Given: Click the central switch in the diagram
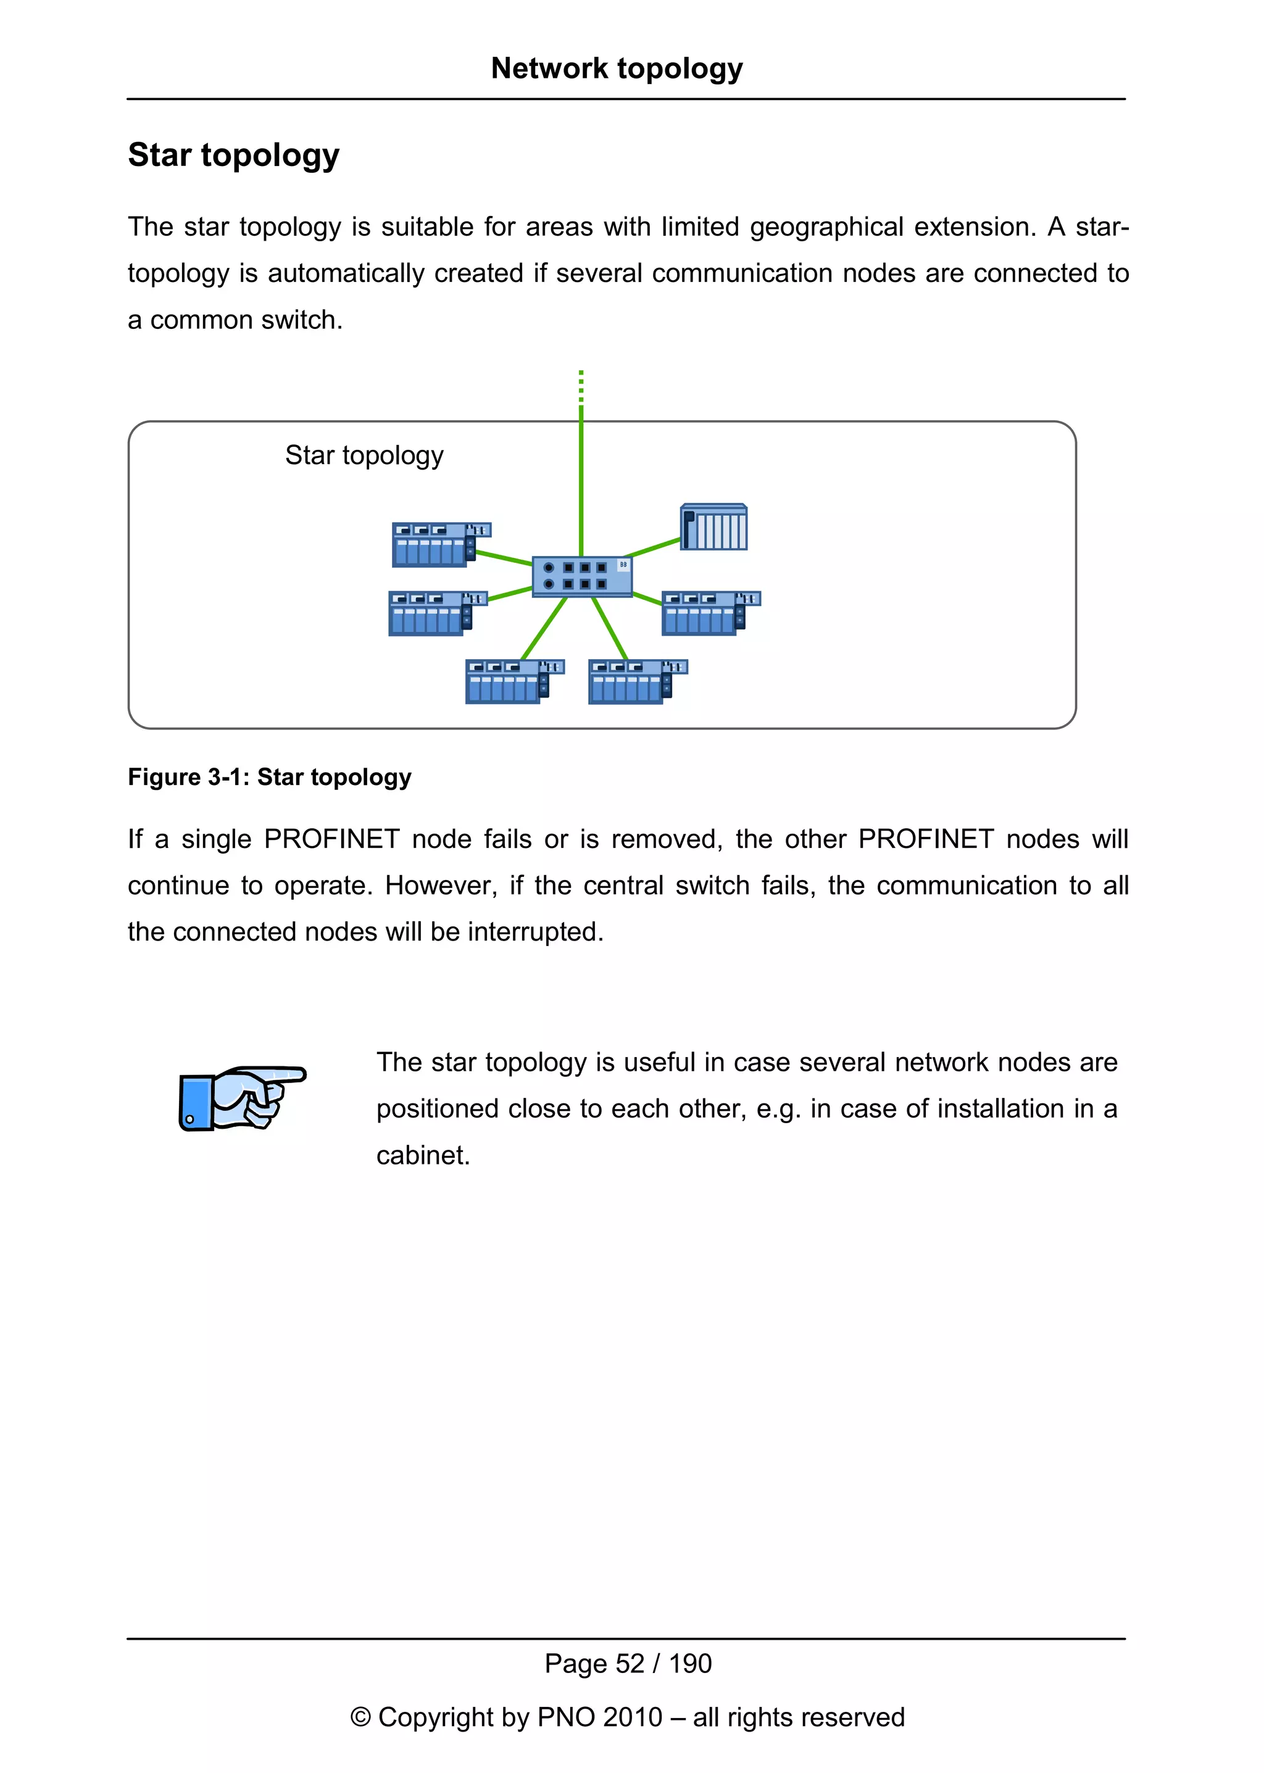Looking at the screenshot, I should point(581,576).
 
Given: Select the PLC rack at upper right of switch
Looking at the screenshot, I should point(713,528).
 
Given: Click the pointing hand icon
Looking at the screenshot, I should point(242,1098).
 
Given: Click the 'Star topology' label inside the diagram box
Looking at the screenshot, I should point(364,455).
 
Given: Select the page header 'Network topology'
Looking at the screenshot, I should point(617,69).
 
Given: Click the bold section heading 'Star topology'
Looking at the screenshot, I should point(233,155).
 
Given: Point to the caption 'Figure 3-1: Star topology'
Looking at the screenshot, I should point(269,777).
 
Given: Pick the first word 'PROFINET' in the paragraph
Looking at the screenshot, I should point(331,839).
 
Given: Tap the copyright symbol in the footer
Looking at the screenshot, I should point(360,1717).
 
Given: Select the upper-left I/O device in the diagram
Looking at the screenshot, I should point(440,544).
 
